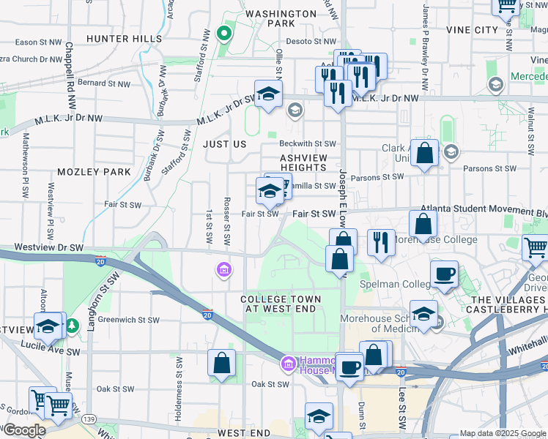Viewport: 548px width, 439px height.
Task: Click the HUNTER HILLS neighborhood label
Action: [123, 38]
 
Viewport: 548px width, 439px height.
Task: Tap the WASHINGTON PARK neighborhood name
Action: [281, 18]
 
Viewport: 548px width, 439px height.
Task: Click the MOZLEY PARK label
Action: [94, 172]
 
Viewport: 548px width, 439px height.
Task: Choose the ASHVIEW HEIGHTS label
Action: [303, 162]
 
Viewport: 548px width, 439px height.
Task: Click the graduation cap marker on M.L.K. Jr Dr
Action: [269, 94]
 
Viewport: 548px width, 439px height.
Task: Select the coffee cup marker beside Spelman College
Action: [444, 275]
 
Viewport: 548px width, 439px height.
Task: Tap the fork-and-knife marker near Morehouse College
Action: [380, 242]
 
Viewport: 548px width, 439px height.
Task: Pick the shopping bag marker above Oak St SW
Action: [221, 363]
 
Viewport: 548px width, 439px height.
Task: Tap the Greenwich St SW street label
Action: [129, 320]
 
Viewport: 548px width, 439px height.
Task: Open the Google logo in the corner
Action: [24, 430]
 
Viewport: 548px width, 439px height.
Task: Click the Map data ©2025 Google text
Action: [503, 433]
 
